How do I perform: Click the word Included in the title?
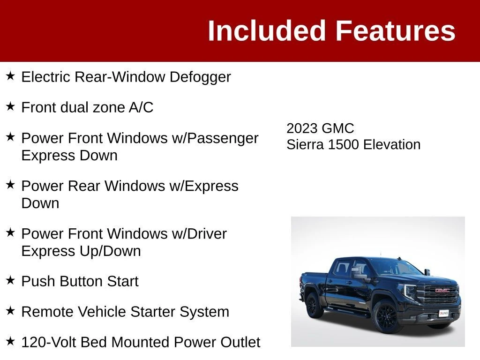coord(266,30)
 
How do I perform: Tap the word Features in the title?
coord(396,30)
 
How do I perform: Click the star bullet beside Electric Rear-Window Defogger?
coord(10,75)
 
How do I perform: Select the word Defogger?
coord(200,77)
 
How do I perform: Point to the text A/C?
coord(141,107)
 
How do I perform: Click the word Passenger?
coord(223,138)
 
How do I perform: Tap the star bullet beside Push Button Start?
coord(10,280)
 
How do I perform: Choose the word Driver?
coord(207,234)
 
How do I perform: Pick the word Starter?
coord(153,312)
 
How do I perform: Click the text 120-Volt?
coord(49,342)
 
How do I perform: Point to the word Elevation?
coord(392,144)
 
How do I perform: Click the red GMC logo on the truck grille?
coord(442,290)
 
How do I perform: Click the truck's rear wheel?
coord(313,305)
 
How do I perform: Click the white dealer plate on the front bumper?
coord(443,313)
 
